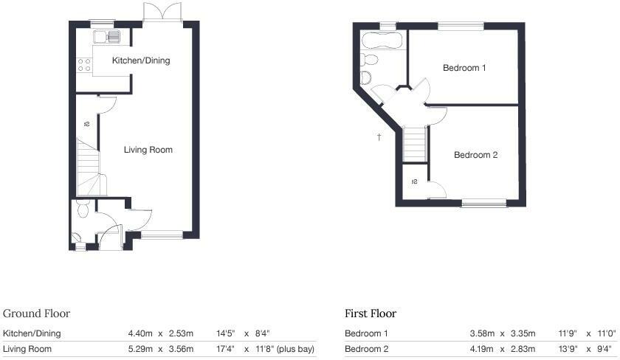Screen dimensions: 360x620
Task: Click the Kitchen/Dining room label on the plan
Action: coord(140,60)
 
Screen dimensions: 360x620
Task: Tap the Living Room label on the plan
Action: coord(148,150)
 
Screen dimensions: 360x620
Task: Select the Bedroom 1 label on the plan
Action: coord(464,68)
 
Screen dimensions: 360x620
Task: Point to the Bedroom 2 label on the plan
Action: coord(475,155)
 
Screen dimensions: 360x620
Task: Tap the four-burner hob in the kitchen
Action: coord(83,64)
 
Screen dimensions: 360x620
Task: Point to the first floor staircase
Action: coord(416,142)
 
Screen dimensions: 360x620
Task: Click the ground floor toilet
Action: coord(83,210)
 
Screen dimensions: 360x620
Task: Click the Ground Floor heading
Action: coord(36,314)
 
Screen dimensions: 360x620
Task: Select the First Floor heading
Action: coord(371,314)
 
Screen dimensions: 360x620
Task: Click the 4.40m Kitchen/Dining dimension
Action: coord(140,333)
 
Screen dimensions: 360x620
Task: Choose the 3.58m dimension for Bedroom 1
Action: coord(482,333)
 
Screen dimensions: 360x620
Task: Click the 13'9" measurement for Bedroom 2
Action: coord(571,349)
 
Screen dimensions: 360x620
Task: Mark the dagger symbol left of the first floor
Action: coord(379,137)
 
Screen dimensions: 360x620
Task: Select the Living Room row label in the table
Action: coord(27,349)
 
